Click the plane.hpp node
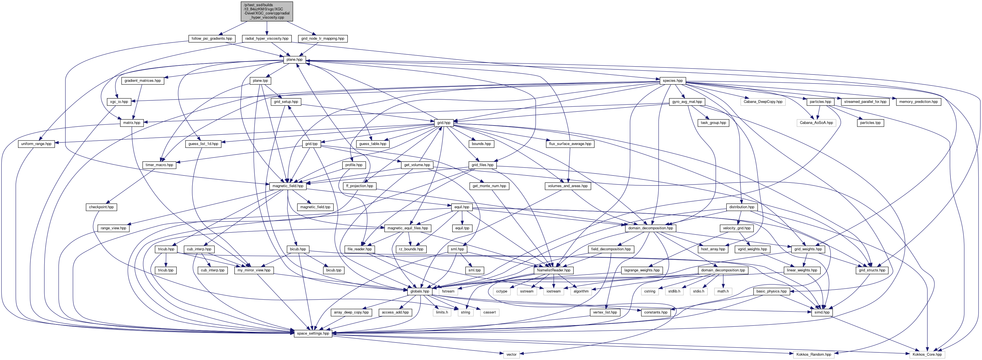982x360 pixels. pyautogui.click(x=294, y=60)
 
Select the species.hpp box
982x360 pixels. pyautogui.click(x=672, y=80)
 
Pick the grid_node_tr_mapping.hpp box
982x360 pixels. pyautogui.click(x=323, y=39)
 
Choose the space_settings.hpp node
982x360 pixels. pyautogui.click(x=313, y=333)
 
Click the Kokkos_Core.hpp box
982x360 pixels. pyautogui.click(x=927, y=354)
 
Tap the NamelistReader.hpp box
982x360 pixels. pyautogui.click(x=553, y=270)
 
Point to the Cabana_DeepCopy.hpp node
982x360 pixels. pyautogui.click(x=763, y=102)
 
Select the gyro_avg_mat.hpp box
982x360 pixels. pyautogui.click(x=687, y=102)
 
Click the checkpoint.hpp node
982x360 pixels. pyautogui.click(x=101, y=207)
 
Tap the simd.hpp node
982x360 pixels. pyautogui.click(x=822, y=312)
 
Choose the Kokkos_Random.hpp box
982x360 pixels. pyautogui.click(x=814, y=354)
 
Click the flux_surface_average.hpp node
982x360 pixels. pyautogui.click(x=570, y=144)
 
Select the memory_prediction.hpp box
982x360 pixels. pyautogui.click(x=918, y=102)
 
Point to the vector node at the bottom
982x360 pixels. pyautogui.click(x=511, y=354)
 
